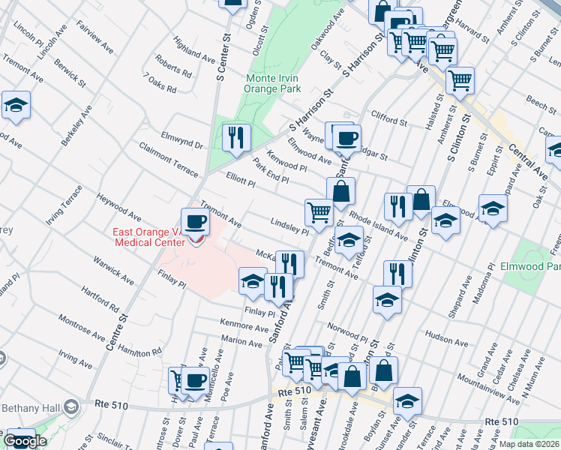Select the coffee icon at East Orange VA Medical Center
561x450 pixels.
pos(196,222)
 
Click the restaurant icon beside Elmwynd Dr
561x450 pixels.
pos(236,137)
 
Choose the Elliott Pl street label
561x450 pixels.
pos(241,180)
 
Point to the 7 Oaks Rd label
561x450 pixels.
pos(159,83)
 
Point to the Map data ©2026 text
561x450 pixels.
pos(529,444)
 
